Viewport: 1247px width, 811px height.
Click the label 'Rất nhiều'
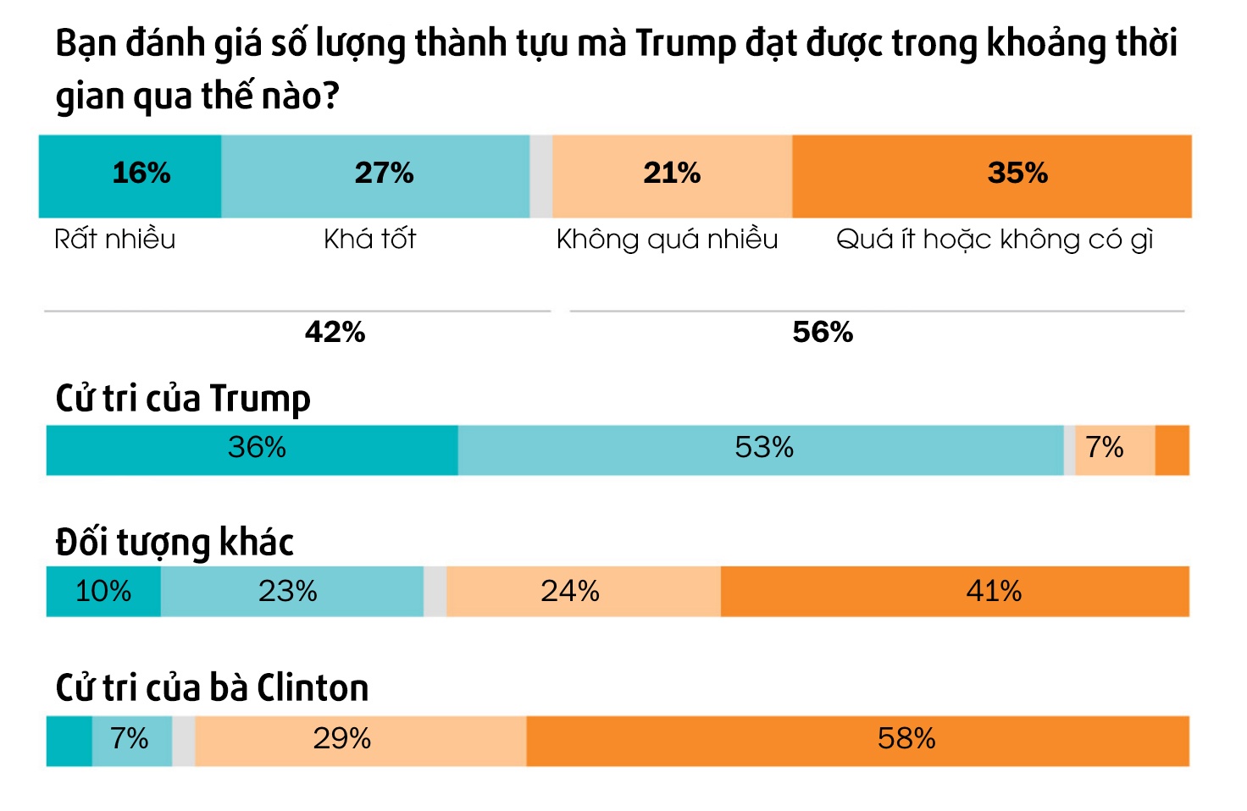click(x=114, y=240)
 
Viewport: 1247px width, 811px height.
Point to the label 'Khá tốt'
click(x=369, y=240)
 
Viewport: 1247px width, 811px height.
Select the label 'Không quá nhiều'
click(x=667, y=240)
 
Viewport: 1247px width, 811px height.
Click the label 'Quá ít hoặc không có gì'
click(x=995, y=240)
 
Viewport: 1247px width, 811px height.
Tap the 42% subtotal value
click(x=335, y=332)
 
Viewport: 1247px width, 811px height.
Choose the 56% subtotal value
click(x=823, y=332)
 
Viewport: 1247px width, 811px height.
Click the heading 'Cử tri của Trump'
click(x=183, y=399)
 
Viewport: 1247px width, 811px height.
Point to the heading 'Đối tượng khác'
click(x=175, y=543)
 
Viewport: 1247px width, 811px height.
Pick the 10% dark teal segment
click(x=103, y=591)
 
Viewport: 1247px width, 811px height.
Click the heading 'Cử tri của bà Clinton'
click(x=212, y=688)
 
